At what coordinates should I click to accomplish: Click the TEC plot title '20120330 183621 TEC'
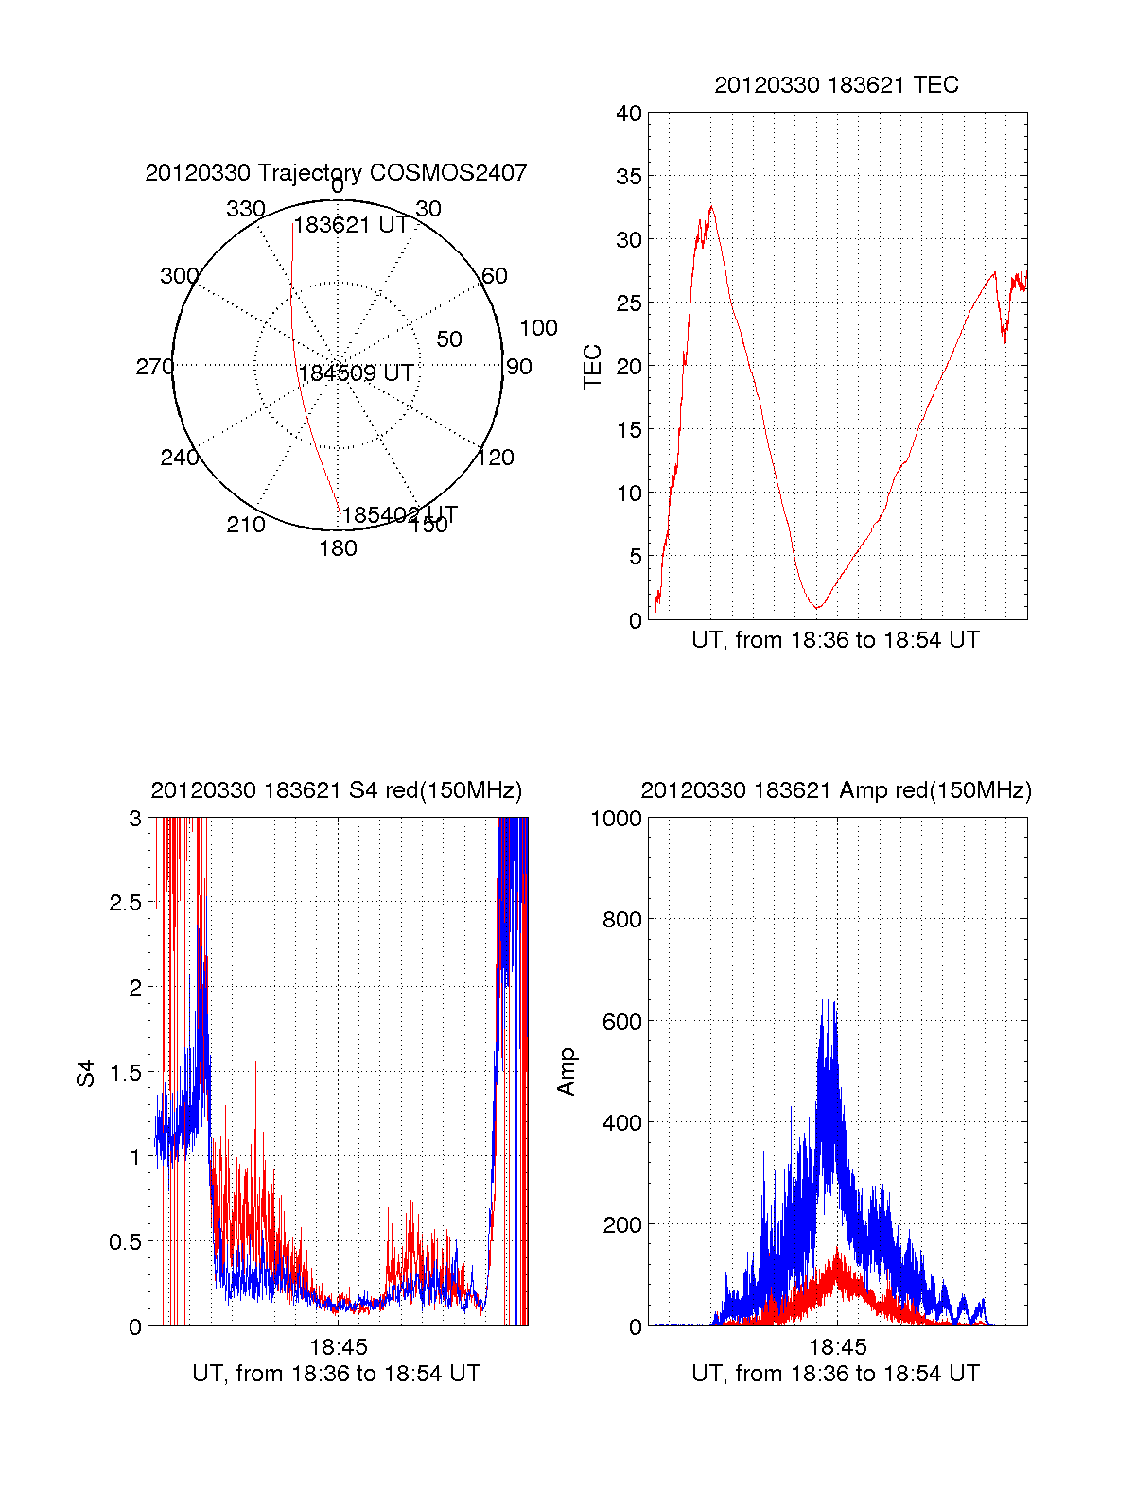[836, 85]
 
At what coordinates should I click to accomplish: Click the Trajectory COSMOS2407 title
[336, 173]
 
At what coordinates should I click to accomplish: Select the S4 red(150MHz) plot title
[336, 790]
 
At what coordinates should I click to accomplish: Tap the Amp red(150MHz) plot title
[836, 790]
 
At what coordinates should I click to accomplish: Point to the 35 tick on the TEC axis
[629, 177]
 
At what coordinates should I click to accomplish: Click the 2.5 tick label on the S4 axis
[125, 903]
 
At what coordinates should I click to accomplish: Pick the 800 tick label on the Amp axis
[621, 919]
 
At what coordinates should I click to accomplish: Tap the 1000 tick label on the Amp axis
[616, 818]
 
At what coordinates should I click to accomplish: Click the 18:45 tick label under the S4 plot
[338, 1346]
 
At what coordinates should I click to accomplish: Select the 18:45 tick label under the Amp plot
[837, 1346]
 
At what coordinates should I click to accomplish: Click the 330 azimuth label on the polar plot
[246, 209]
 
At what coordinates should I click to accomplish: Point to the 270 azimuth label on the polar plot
[154, 367]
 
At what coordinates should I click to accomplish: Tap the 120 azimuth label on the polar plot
[496, 458]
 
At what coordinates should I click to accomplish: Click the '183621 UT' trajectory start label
[351, 225]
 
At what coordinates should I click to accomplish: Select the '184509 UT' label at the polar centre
[357, 373]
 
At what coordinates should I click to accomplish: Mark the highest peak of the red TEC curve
[711, 206]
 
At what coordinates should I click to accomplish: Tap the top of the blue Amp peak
[824, 1000]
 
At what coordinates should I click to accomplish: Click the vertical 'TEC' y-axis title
[593, 367]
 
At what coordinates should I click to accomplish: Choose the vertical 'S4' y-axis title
[86, 1073]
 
